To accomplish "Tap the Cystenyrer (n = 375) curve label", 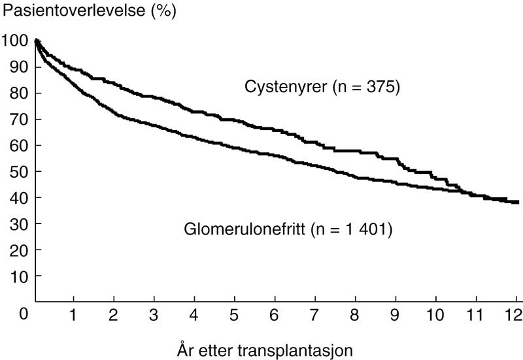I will (x=322, y=87).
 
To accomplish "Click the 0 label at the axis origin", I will (x=24, y=314).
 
